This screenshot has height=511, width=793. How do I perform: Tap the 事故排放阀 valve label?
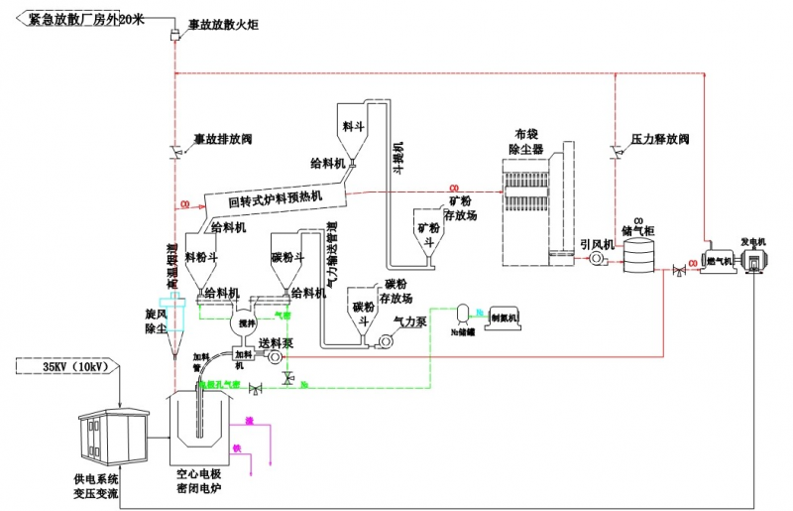click(x=222, y=140)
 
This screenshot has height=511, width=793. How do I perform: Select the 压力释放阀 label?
click(x=659, y=140)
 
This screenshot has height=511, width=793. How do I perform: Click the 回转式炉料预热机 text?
click(x=275, y=200)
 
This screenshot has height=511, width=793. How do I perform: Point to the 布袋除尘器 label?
click(x=528, y=142)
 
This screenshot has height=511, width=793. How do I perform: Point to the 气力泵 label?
click(x=409, y=322)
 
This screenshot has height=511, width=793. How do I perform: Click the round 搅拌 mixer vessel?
click(x=243, y=323)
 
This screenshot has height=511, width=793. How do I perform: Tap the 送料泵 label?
click(x=275, y=343)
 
